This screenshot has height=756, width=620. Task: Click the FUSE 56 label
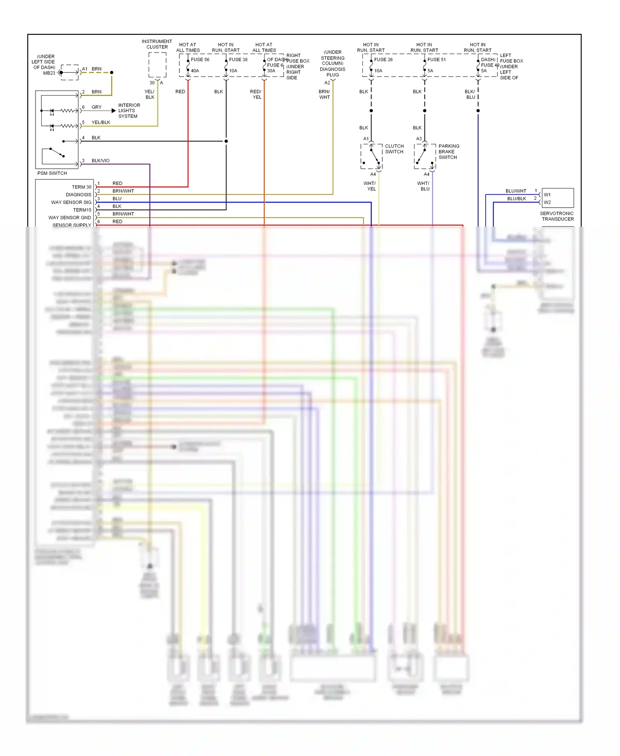200,60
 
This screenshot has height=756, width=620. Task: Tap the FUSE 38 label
238,60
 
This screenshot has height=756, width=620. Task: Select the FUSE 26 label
383,60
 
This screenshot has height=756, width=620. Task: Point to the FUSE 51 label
436,60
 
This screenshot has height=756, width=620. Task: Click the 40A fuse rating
195,71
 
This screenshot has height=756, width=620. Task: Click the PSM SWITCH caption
52,173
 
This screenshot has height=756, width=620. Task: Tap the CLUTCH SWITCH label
394,149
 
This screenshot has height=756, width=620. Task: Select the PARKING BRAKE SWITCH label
448,152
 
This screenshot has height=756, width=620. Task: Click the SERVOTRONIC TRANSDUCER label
557,216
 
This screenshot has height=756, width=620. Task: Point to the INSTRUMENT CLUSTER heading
157,44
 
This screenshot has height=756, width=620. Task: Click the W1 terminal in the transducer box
547,195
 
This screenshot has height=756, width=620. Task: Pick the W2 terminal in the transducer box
547,203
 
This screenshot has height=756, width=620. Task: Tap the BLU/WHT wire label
516,191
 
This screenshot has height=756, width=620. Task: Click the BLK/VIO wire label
100,161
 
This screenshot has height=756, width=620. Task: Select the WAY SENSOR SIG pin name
71,203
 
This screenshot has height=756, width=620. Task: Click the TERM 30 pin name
81,187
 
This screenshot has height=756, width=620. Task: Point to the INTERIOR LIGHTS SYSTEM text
129,111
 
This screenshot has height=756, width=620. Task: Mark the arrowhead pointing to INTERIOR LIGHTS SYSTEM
114,111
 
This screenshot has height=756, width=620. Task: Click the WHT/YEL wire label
370,186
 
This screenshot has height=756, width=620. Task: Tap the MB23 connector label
49,73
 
